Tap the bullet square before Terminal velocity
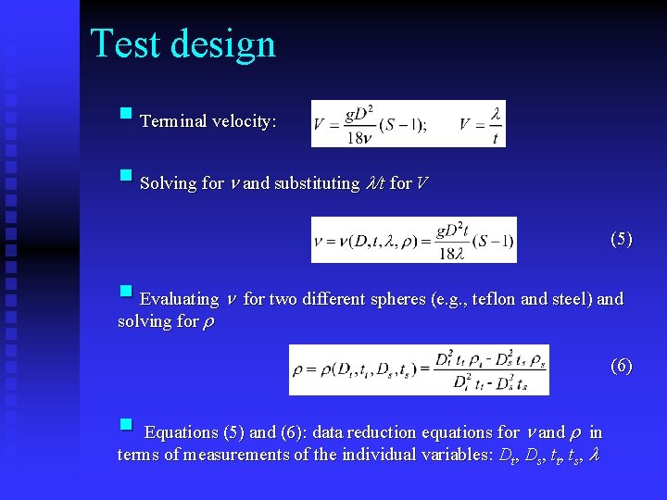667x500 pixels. (x=126, y=116)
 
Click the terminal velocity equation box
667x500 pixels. (x=409, y=123)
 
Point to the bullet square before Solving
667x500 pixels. (x=126, y=176)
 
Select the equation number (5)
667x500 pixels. (x=621, y=239)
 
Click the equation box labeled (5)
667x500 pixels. (x=413, y=240)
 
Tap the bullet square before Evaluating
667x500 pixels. (x=126, y=293)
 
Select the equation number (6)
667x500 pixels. (x=621, y=366)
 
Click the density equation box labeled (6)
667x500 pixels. (x=419, y=369)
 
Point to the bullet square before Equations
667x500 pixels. (x=126, y=426)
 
